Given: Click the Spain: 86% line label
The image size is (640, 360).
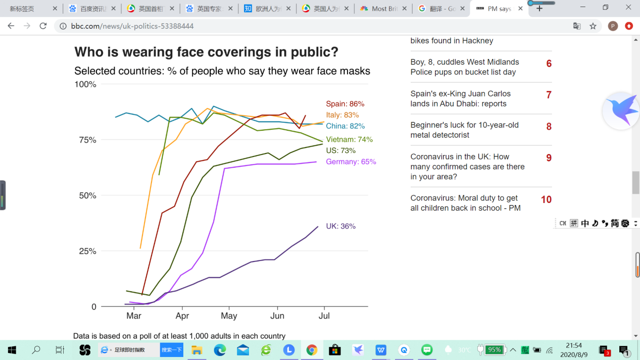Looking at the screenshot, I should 345,104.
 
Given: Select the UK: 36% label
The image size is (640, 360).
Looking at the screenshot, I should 340,226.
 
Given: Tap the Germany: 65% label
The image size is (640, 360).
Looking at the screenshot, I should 351,162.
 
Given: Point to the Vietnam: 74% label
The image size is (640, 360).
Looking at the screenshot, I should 349,139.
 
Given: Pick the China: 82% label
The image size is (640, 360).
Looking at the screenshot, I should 345,126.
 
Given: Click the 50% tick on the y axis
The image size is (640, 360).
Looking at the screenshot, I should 85,195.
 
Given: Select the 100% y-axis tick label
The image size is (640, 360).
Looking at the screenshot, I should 85,84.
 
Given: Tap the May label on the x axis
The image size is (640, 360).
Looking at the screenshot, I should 229,316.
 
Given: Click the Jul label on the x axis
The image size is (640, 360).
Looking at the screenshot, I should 324,316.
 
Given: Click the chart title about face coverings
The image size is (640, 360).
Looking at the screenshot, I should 206,52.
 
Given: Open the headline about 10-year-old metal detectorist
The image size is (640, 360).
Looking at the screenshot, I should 464,130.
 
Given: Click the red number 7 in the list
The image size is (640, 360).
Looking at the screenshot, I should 549,95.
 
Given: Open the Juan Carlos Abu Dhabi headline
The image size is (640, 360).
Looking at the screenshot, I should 460,98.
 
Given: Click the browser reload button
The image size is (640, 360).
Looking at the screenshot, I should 43,26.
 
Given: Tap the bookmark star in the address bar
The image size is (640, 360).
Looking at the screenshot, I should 593,26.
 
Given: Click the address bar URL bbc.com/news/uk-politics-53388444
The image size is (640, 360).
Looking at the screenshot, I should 132,26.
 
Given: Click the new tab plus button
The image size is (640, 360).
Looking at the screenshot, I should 539,9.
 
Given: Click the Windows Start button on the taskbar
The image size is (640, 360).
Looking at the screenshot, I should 12,349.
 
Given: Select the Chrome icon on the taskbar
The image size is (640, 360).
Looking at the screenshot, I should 312,349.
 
